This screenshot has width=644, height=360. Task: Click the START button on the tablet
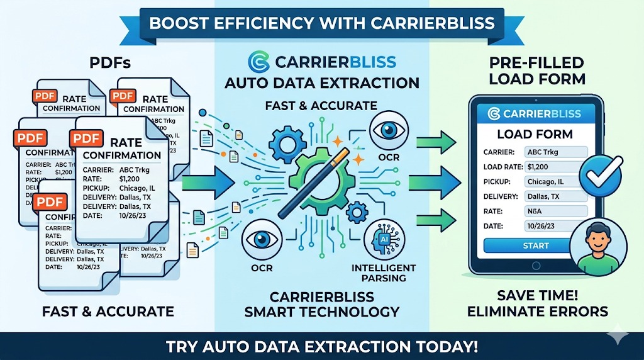535,246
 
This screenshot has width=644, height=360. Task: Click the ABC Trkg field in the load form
555,152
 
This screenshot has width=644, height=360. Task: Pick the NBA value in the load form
555,211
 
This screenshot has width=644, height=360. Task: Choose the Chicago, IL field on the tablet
555,182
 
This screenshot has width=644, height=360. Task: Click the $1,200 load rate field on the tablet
555,167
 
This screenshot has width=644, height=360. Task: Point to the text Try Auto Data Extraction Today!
321,346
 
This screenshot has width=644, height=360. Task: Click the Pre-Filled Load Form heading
536,70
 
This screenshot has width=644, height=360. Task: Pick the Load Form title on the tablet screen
535,133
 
